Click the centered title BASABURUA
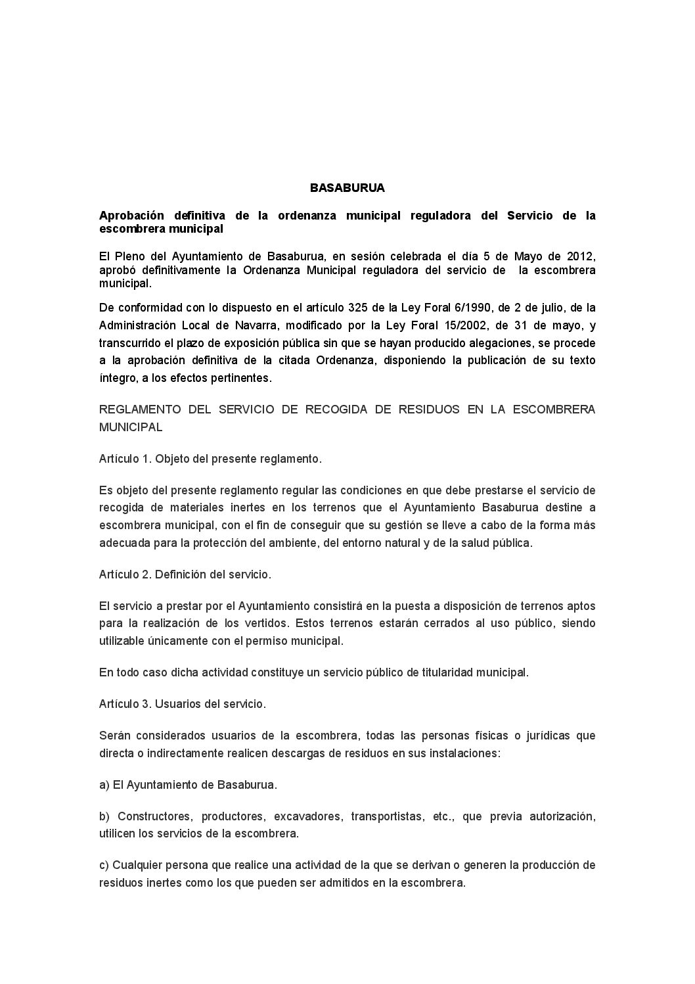click(347, 188)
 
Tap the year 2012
click(581, 256)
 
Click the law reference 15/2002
click(450, 325)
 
